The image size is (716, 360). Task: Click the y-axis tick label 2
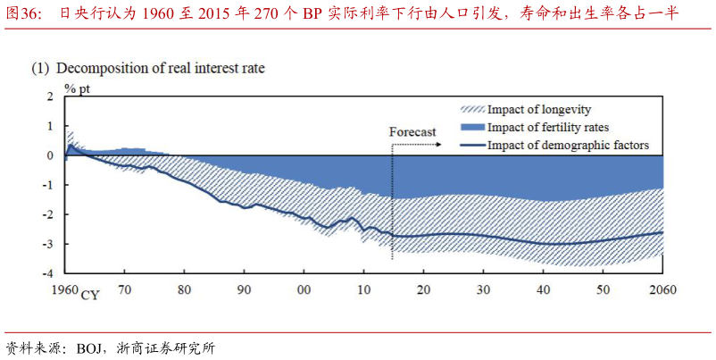coord(50,96)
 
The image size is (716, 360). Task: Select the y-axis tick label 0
coord(50,155)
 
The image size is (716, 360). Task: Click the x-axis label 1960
coord(65,290)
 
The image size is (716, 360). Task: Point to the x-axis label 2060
coord(662,290)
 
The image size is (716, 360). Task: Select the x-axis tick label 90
coord(244,290)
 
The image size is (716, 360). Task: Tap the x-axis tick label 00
coord(304,290)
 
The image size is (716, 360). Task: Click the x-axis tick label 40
coord(543,290)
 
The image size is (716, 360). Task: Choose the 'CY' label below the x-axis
coord(90,295)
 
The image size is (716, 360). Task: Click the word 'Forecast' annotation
coord(412,132)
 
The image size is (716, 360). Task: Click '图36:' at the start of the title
coord(24,15)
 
